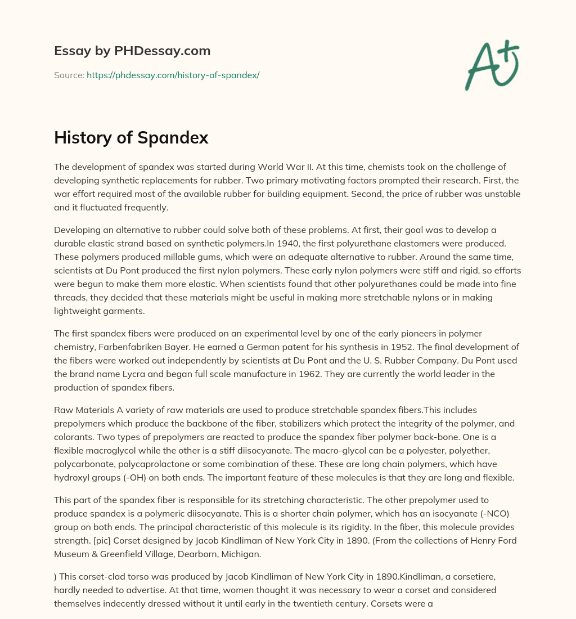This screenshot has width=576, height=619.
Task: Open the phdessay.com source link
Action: pos(173,75)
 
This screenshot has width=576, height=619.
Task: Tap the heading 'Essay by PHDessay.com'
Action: pos(132,51)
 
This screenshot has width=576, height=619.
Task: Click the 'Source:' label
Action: pos(69,75)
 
